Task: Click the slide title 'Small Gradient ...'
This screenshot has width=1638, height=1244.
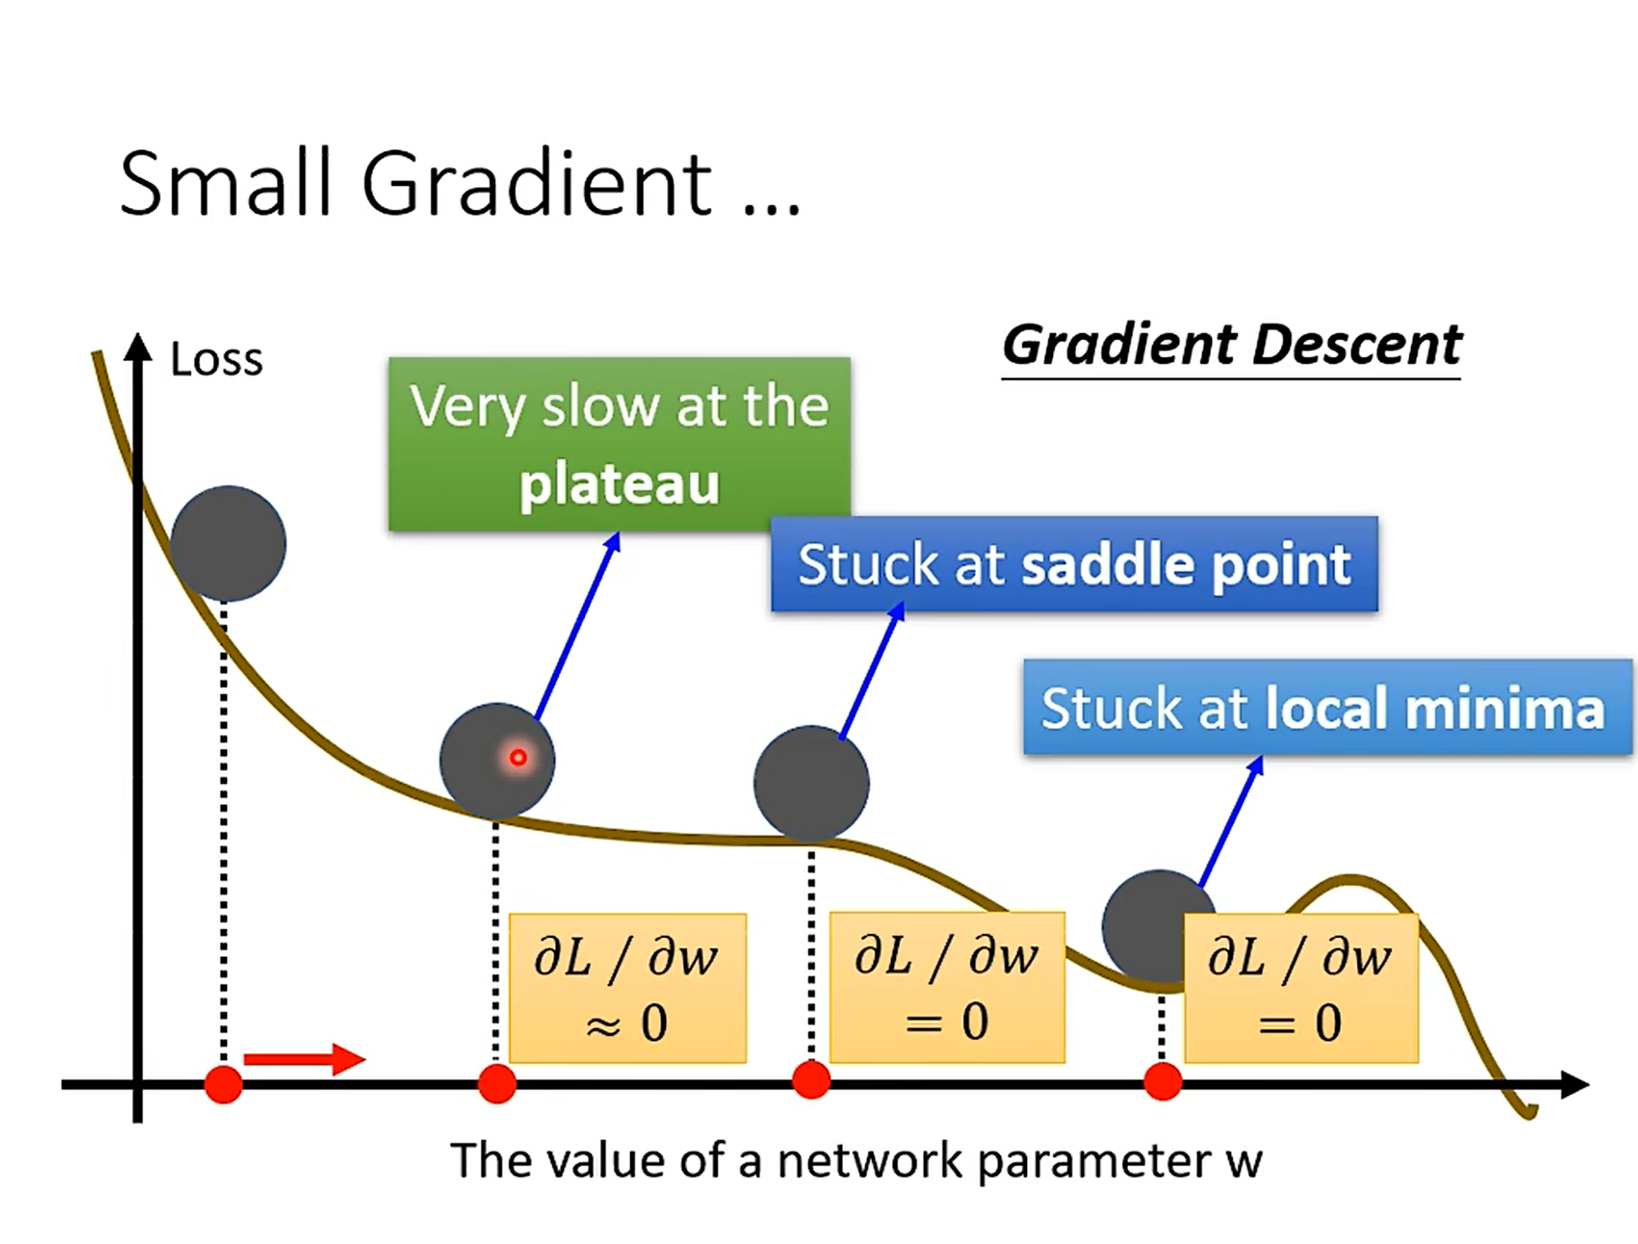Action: (x=459, y=183)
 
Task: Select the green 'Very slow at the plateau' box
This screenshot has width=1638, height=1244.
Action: (x=619, y=444)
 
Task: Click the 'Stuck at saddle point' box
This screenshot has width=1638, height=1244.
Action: (x=1074, y=564)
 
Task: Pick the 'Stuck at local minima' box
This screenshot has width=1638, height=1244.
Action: (x=1327, y=707)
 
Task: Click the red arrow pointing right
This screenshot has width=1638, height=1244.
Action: (x=305, y=1059)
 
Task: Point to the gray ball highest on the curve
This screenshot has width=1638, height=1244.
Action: (x=228, y=543)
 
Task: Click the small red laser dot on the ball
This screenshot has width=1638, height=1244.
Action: (x=518, y=757)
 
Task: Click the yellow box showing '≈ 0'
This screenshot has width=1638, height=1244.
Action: (x=627, y=989)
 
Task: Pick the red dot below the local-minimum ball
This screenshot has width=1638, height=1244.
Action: (x=1162, y=1082)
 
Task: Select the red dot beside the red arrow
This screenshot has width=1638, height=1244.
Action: (x=224, y=1085)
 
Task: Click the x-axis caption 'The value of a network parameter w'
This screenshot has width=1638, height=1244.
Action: (x=855, y=1160)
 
